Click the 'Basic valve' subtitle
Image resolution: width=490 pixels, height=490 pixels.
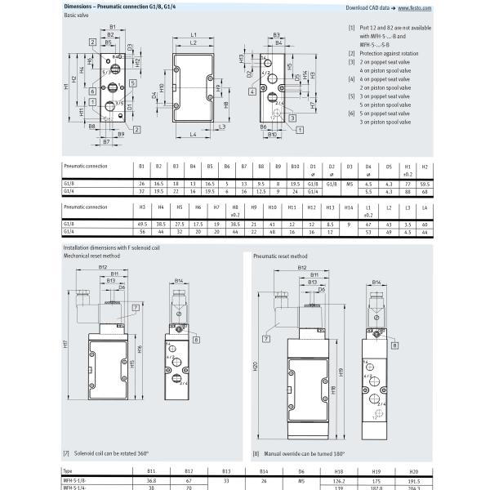78,18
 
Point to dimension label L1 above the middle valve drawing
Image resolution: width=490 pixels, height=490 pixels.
194,35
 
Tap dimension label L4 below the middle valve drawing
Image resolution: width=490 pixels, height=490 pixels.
193,133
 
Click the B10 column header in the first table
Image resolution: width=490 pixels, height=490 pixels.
296,166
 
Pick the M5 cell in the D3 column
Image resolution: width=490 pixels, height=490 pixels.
348,185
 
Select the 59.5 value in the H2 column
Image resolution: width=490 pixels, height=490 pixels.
424,185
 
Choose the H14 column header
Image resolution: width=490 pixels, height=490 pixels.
348,207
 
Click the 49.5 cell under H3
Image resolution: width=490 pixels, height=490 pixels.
141,223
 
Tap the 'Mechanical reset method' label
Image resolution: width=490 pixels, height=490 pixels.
92,255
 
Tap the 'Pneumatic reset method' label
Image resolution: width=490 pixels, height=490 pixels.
280,255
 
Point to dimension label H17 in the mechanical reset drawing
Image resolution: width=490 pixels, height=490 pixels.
65,344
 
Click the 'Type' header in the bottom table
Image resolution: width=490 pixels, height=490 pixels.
69,472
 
